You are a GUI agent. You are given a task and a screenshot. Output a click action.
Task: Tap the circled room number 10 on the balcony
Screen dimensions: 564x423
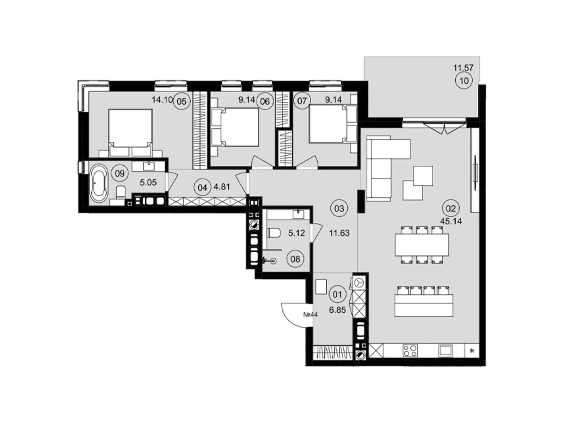point(464,81)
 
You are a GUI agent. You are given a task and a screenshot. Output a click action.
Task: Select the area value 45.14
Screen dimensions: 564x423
point(451,221)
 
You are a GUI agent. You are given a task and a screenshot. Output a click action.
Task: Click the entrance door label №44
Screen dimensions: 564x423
point(311,314)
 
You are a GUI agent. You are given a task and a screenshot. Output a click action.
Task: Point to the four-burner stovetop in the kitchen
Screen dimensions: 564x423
point(410,350)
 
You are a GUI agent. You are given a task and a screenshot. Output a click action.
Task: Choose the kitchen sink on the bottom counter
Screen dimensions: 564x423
point(445,350)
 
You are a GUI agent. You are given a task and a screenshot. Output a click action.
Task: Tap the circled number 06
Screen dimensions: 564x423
point(265,102)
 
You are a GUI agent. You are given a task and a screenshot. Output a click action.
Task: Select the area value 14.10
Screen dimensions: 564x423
point(162,100)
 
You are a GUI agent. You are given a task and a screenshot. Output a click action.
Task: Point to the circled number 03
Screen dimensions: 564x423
point(339,208)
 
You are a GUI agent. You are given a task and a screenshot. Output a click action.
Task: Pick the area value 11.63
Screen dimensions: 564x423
point(339,233)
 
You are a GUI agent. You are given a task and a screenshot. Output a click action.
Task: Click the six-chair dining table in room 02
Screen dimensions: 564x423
point(422,245)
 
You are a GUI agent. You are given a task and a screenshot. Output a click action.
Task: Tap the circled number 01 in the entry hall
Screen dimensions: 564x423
point(337,294)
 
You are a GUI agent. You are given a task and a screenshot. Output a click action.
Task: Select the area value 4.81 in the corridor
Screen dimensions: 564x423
point(222,187)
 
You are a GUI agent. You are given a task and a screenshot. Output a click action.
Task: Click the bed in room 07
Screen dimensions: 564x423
point(333,125)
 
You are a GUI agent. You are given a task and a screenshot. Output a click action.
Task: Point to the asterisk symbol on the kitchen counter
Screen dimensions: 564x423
point(472,350)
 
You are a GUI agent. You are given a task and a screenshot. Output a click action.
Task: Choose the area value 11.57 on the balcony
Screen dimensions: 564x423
point(463,68)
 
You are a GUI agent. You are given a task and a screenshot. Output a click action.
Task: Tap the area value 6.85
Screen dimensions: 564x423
point(337,310)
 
